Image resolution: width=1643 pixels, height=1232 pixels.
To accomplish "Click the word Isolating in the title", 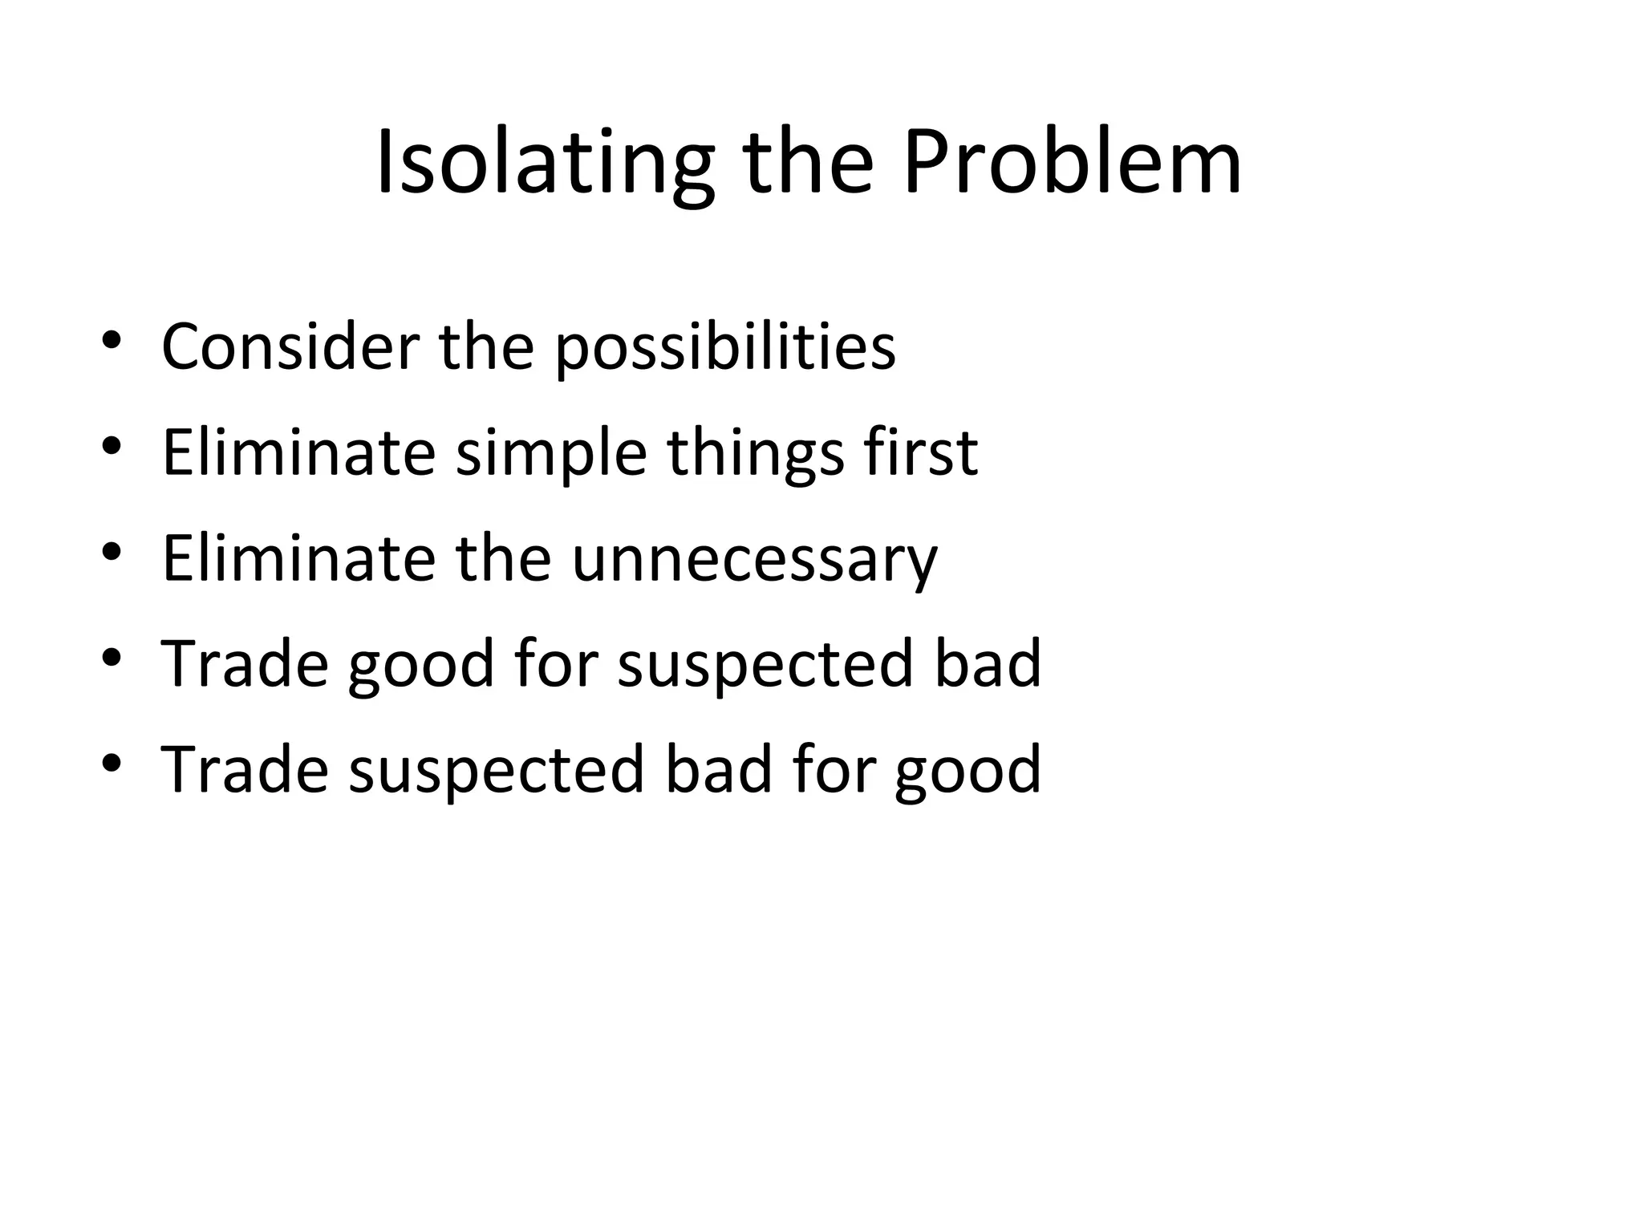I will pyautogui.click(x=544, y=164).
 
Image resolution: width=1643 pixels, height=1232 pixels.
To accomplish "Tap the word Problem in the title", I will pyautogui.click(x=1072, y=164).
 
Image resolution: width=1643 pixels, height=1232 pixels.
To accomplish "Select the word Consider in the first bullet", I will pyautogui.click(x=290, y=346).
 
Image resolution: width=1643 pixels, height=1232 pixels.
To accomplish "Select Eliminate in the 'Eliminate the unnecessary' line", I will pyautogui.click(x=298, y=558).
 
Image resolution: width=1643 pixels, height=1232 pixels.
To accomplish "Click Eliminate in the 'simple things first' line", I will pyautogui.click(x=298, y=452).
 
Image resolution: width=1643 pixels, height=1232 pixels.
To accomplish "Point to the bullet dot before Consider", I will pyautogui.click(x=112, y=341).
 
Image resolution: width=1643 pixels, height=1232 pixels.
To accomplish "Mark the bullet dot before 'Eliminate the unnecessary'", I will pyautogui.click(x=112, y=552).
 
